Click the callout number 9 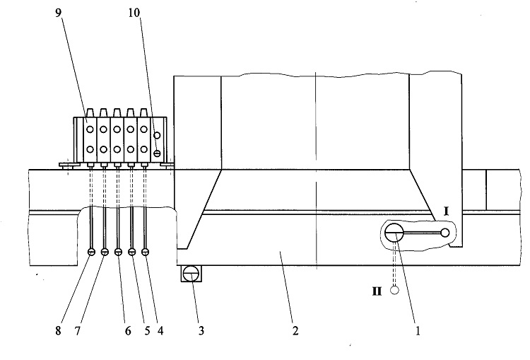(x=59, y=13)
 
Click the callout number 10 (x=134, y=13)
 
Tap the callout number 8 (x=58, y=330)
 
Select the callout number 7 (x=78, y=330)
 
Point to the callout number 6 (x=128, y=330)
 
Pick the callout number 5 (x=147, y=330)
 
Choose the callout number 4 (x=160, y=330)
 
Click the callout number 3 (x=201, y=330)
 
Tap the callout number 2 (x=295, y=330)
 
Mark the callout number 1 (x=418, y=330)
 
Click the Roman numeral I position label (x=446, y=211)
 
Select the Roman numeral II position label (x=377, y=291)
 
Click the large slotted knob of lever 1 (x=394, y=233)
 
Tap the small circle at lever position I (x=445, y=233)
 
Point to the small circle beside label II (x=394, y=290)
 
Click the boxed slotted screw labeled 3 (x=192, y=273)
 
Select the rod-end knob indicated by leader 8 (x=91, y=252)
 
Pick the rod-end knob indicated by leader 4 (x=145, y=252)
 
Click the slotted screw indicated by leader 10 (x=156, y=153)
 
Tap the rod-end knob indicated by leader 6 (x=118, y=252)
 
